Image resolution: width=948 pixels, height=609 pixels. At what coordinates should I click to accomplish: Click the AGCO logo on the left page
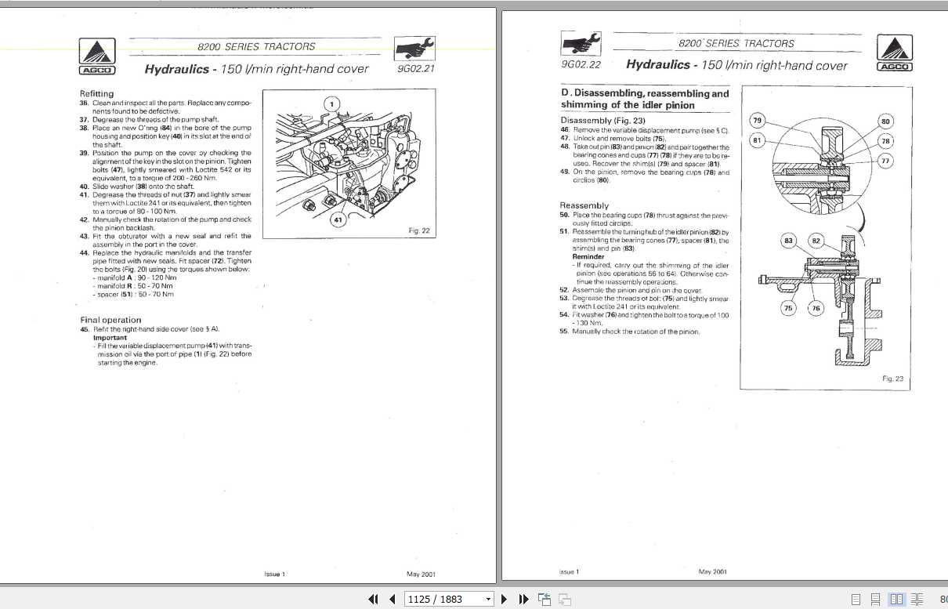pyautogui.click(x=97, y=57)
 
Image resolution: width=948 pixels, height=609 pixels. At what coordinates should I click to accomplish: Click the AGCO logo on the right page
pyautogui.click(x=894, y=54)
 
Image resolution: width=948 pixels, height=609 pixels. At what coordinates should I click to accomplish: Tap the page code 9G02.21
pyautogui.click(x=416, y=68)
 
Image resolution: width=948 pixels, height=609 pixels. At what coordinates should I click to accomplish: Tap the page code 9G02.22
pyautogui.click(x=581, y=64)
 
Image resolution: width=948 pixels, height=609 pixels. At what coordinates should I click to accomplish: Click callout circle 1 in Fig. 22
pyautogui.click(x=331, y=104)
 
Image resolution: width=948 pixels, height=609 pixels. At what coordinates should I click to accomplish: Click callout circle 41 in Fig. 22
pyautogui.click(x=338, y=220)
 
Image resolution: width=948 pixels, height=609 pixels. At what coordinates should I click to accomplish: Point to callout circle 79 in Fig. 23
pyautogui.click(x=757, y=121)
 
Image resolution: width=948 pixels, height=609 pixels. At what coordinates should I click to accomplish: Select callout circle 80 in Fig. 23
pyautogui.click(x=885, y=121)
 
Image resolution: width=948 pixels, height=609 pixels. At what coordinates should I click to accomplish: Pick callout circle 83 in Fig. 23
pyautogui.click(x=789, y=241)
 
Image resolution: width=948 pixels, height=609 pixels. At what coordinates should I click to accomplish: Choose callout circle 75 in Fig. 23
pyautogui.click(x=788, y=308)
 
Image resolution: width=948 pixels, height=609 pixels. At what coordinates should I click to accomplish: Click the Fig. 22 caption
pyautogui.click(x=420, y=230)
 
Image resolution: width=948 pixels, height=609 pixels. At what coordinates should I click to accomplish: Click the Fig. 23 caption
pyautogui.click(x=892, y=379)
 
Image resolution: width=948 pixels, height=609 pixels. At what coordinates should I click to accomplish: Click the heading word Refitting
pyautogui.click(x=96, y=94)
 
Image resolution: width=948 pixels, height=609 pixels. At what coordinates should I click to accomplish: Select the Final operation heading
pyautogui.click(x=110, y=320)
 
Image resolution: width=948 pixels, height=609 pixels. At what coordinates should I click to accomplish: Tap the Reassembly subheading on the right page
pyautogui.click(x=584, y=205)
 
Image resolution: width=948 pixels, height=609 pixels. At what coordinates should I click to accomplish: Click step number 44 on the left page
pyautogui.click(x=84, y=252)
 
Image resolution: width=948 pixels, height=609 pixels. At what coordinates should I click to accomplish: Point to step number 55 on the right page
pyautogui.click(x=564, y=332)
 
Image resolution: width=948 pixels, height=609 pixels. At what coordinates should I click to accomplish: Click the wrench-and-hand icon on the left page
pyautogui.click(x=415, y=49)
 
